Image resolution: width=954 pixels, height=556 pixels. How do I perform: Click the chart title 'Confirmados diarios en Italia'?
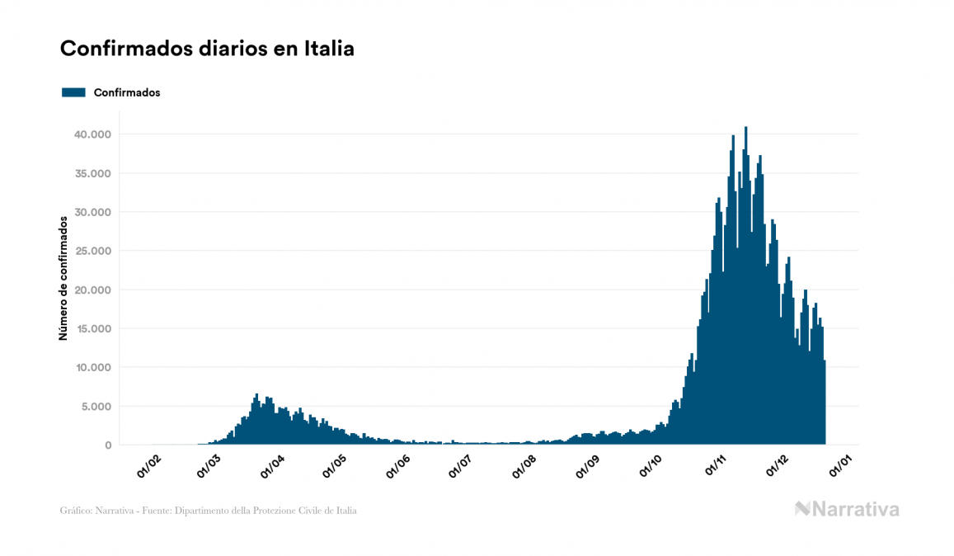207,49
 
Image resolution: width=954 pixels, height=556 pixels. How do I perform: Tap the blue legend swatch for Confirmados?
74,92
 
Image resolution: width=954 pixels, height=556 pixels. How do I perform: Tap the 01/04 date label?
272,467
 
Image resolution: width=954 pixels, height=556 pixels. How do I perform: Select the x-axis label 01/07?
459,467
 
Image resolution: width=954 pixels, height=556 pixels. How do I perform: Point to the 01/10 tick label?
651,467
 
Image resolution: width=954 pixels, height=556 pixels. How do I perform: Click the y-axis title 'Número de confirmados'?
63,278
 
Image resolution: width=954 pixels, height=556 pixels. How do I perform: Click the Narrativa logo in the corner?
847,509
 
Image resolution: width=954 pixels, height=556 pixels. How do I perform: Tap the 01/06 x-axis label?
397,467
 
